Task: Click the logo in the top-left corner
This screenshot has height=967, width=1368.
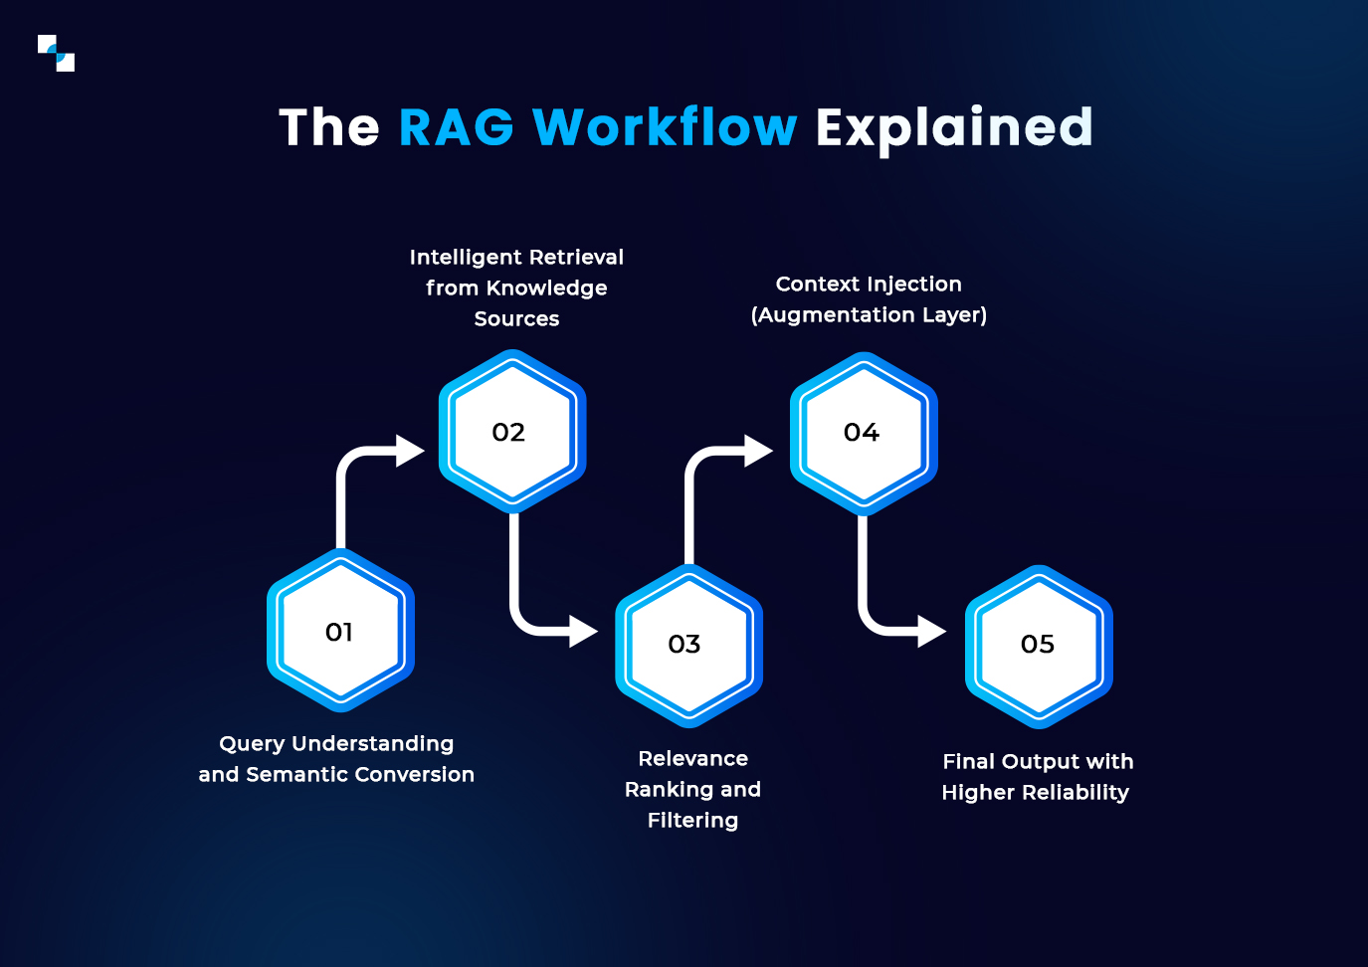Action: [x=56, y=53]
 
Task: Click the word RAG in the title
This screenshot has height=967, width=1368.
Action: [x=456, y=127]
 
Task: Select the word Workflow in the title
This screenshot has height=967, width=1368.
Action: [x=665, y=127]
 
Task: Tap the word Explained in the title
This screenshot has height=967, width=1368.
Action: [x=953, y=129]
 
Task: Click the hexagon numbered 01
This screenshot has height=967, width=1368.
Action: [x=340, y=631]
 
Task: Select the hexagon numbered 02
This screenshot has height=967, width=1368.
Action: [x=511, y=432]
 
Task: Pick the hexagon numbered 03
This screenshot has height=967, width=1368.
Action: [x=688, y=645]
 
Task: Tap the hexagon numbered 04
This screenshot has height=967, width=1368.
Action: [x=864, y=433]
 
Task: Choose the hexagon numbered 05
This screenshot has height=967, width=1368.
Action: [x=1039, y=646]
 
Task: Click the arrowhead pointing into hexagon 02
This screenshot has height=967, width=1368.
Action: [x=409, y=451]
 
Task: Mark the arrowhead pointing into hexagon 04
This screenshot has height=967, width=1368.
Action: [x=758, y=451]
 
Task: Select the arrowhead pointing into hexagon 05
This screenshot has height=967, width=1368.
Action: [x=931, y=631]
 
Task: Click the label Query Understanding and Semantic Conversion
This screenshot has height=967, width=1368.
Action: [x=336, y=759]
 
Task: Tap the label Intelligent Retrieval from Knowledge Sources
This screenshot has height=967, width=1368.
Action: [x=516, y=288]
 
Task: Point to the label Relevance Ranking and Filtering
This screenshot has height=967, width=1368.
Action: [x=692, y=789]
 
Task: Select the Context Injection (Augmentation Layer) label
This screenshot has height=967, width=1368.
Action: [x=869, y=299]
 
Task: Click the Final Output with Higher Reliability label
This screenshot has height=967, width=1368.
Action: [x=1037, y=777]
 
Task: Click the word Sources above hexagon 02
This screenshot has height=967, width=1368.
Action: [x=516, y=319]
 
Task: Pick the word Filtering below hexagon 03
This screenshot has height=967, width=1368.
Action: [x=692, y=821]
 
